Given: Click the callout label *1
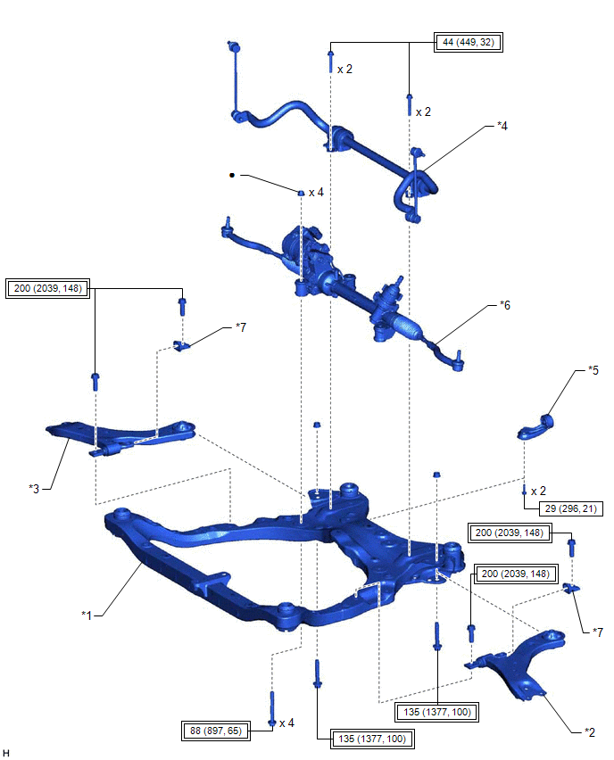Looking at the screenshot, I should (x=87, y=614).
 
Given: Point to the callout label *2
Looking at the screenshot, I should (x=588, y=731).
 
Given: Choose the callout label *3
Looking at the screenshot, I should (x=34, y=488).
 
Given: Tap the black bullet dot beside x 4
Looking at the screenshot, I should (x=232, y=176).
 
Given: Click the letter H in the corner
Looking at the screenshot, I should (x=6, y=753).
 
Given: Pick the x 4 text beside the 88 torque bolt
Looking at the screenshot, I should (x=286, y=723).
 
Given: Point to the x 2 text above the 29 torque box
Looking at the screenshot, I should (x=539, y=491).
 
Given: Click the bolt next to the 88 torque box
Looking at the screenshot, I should (x=272, y=707).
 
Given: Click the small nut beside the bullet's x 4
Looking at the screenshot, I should (x=302, y=192).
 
